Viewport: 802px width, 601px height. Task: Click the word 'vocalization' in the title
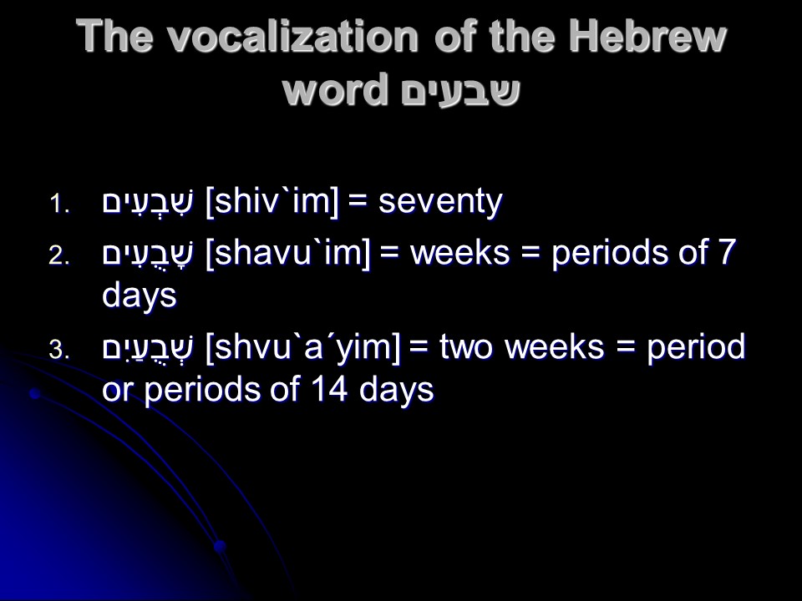pyautogui.click(x=293, y=37)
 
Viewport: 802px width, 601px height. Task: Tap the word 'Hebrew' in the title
pyautogui.click(x=647, y=36)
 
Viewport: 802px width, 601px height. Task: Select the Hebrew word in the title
pyautogui.click(x=461, y=91)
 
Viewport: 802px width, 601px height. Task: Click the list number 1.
pyautogui.click(x=59, y=205)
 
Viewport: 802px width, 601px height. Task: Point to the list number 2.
pyautogui.click(x=59, y=255)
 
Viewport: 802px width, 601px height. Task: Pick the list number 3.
pyautogui.click(x=59, y=350)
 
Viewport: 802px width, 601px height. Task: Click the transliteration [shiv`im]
pyautogui.click(x=272, y=202)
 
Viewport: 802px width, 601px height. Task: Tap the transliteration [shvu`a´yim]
pyautogui.click(x=302, y=348)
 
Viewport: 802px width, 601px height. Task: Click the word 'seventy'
pyautogui.click(x=440, y=202)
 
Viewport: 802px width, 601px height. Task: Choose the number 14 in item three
pyautogui.click(x=329, y=390)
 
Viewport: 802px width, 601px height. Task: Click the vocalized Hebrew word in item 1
pyautogui.click(x=148, y=203)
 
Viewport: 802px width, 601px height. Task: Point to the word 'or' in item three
pyautogui.click(x=118, y=391)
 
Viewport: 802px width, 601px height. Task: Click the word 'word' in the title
pyautogui.click(x=335, y=90)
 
